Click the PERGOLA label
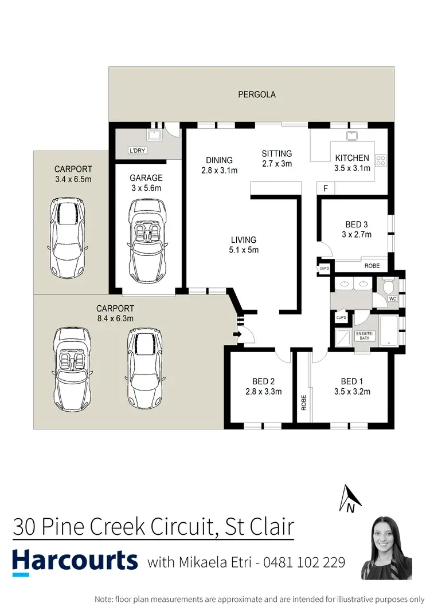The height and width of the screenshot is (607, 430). pyautogui.click(x=257, y=94)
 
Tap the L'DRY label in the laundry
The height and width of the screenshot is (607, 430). pyautogui.click(x=136, y=152)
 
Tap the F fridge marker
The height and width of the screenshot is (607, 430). pyautogui.click(x=326, y=188)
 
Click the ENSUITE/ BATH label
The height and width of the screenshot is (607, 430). pyautogui.click(x=364, y=335)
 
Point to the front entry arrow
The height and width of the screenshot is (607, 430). pyautogui.click(x=237, y=335)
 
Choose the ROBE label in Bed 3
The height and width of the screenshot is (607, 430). pyautogui.click(x=372, y=266)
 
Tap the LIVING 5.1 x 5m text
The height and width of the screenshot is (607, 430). pyautogui.click(x=244, y=245)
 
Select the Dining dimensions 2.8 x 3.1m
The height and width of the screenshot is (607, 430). pyautogui.click(x=219, y=170)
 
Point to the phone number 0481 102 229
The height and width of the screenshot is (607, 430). pyautogui.click(x=304, y=562)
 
